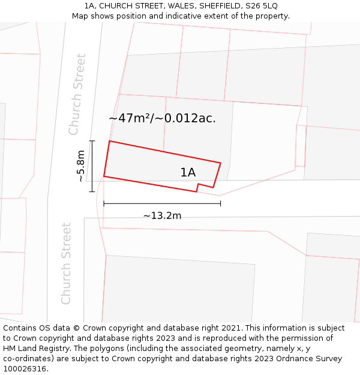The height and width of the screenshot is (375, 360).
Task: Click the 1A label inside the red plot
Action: pos(188,173)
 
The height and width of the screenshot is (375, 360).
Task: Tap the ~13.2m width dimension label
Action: pos(162,215)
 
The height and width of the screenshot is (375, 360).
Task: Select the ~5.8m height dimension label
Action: pos(81,166)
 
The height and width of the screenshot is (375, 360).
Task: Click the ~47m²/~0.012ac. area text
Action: pos(162,118)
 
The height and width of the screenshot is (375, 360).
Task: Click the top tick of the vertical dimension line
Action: pos(92,141)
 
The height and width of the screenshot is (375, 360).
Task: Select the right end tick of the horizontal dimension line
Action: pos(220,203)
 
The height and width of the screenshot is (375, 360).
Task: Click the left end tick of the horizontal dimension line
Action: pos(104,203)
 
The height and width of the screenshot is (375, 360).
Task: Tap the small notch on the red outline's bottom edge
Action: pos(197,188)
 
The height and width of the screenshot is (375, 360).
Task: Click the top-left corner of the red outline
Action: pos(109,141)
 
